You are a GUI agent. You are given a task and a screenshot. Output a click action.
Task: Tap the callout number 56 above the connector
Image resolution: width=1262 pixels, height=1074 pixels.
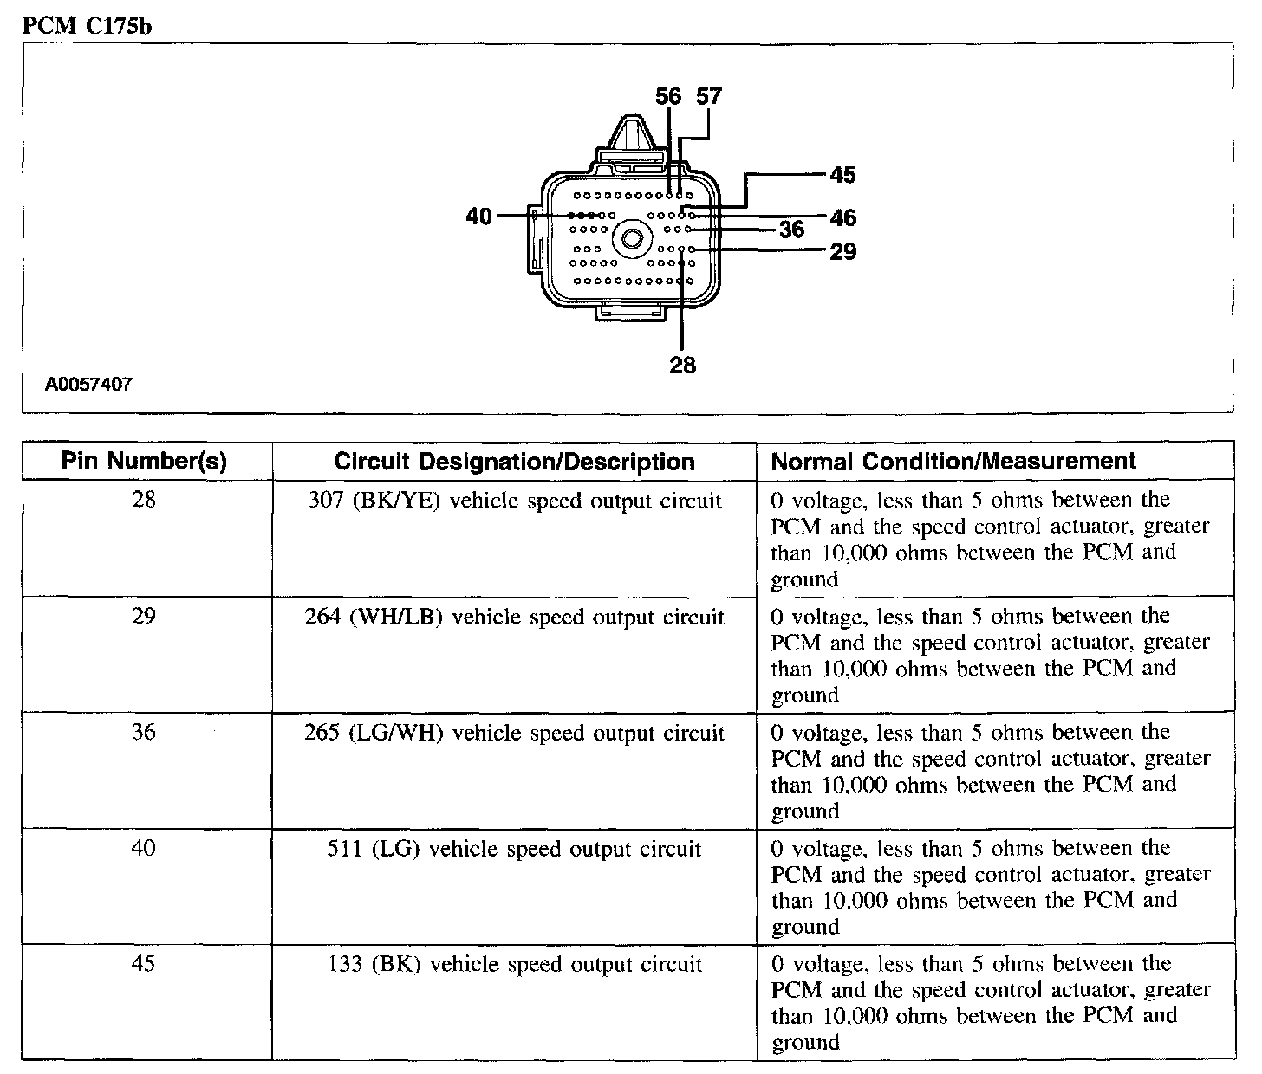(668, 96)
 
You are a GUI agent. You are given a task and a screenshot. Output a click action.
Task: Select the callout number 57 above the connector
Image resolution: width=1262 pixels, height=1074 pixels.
(709, 96)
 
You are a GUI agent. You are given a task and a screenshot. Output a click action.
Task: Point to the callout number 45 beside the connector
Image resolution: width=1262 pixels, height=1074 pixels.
(842, 175)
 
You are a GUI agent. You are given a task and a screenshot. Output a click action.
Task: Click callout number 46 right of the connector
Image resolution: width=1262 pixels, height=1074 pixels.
(842, 217)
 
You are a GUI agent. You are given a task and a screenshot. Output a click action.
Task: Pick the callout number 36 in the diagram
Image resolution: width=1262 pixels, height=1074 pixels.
(791, 230)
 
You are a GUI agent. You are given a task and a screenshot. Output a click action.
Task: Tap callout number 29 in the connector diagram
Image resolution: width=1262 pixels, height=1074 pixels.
(842, 251)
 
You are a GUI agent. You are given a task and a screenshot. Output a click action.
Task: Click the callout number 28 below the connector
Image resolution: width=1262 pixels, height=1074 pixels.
(682, 366)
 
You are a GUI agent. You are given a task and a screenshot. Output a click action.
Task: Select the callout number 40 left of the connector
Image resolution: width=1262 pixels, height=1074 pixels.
(478, 216)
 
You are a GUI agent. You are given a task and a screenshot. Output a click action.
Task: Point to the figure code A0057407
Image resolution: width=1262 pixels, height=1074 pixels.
(89, 384)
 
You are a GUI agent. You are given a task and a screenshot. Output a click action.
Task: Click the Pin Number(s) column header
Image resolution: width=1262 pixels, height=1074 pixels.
(145, 461)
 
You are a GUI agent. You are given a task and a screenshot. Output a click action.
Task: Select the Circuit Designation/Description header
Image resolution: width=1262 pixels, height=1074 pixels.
(514, 462)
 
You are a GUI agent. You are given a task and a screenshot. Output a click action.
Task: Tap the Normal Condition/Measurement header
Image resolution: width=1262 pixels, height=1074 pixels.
(953, 461)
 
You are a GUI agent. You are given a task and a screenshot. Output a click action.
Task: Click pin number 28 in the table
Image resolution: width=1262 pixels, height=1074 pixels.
(144, 500)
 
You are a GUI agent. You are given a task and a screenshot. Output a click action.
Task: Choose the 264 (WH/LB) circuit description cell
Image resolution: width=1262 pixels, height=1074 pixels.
(514, 617)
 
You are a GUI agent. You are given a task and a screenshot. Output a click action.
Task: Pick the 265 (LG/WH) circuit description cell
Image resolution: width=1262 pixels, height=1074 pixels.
(514, 733)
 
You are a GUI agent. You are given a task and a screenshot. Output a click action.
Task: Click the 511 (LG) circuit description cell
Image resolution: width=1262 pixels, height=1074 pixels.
(514, 849)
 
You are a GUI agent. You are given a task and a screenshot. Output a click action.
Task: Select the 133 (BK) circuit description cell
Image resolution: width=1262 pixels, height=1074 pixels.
(514, 965)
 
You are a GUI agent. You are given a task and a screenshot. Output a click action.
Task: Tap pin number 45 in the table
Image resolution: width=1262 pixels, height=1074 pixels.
(144, 964)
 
